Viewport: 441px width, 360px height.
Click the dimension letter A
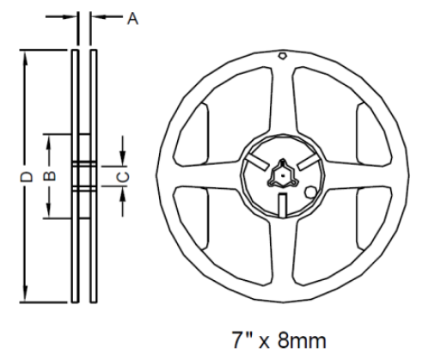pos(132,19)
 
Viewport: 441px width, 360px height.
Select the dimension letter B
pos(50,174)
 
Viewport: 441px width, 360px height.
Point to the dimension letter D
pos(26,175)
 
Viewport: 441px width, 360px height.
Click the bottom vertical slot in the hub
pos(282,204)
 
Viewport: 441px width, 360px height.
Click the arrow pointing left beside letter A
pos(95,17)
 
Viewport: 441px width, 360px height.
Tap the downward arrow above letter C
pos(123,155)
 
